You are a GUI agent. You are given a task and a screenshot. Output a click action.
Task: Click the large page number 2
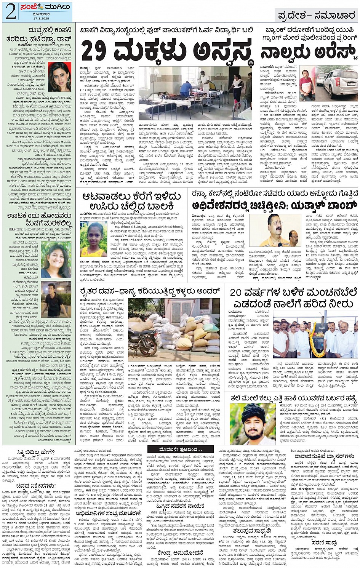pos(10,12)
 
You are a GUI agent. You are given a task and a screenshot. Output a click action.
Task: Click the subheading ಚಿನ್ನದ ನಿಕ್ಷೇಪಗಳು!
pos(36,486)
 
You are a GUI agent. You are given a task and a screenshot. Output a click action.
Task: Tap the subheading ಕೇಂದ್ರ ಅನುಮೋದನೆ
pos(179,552)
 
